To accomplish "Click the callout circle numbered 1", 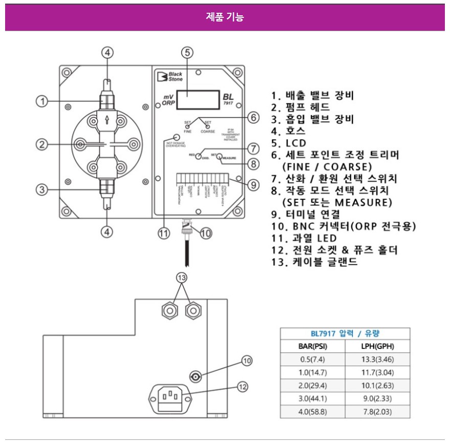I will pyautogui.click(x=43, y=101).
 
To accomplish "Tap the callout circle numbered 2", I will pyautogui.click(x=43, y=145).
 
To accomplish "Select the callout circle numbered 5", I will pyautogui.click(x=188, y=52).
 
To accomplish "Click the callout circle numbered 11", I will pyautogui.click(x=163, y=233).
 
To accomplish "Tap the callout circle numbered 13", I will pyautogui.click(x=182, y=277).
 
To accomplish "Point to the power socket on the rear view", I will pyautogui.click(x=169, y=397).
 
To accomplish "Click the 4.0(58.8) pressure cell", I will pyautogui.click(x=312, y=412).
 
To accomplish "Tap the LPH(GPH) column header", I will pyautogui.click(x=377, y=346).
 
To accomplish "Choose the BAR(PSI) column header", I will pyautogui.click(x=312, y=346).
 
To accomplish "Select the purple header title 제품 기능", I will pyautogui.click(x=225, y=17).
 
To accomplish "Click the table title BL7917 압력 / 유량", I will pyautogui.click(x=345, y=334).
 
